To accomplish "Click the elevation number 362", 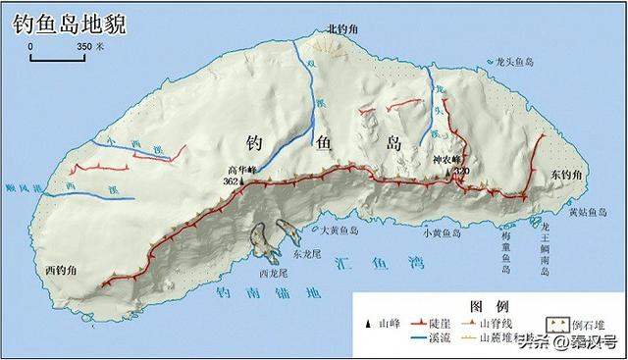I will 231,182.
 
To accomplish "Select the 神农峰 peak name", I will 448,159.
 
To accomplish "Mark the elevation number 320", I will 462,172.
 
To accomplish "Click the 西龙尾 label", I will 272,274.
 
